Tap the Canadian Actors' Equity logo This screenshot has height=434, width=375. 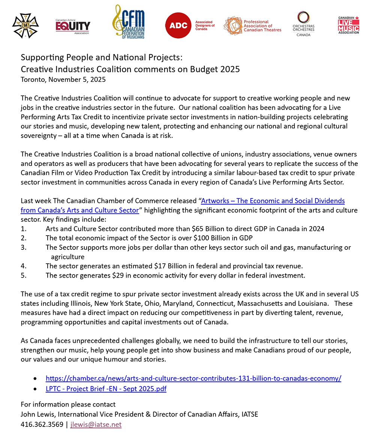[x=73, y=26]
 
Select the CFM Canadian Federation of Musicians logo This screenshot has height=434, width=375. [x=129, y=22]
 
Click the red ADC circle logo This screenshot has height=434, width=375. [x=178, y=26]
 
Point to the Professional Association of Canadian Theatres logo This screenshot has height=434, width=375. [x=252, y=26]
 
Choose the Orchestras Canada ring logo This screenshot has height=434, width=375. [x=303, y=23]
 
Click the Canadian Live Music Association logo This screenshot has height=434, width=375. [x=349, y=25]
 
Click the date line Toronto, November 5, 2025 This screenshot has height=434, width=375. [x=63, y=80]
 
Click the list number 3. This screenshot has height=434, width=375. [x=23, y=247]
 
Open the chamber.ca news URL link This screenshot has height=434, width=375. [x=193, y=378]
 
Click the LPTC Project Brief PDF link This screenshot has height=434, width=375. [x=106, y=389]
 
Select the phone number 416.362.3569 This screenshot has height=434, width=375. [x=42, y=424]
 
